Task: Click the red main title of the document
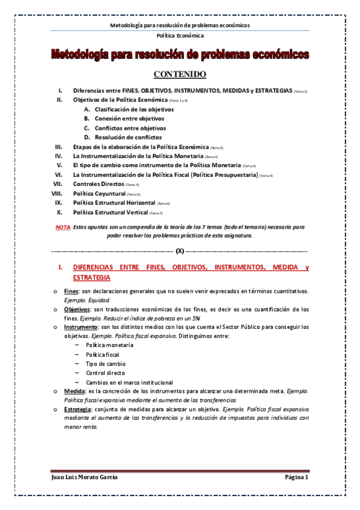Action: coord(180,55)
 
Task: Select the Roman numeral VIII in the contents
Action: coord(58,194)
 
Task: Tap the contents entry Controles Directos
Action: coord(98,184)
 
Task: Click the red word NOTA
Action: coord(63,227)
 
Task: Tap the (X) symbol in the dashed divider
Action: coord(180,250)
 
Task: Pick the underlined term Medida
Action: coord(75,391)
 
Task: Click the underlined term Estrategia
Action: coord(79,409)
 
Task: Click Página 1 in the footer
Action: coord(296,478)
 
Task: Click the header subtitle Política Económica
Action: coord(180,35)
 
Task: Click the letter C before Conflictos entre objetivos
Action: coord(87,128)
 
